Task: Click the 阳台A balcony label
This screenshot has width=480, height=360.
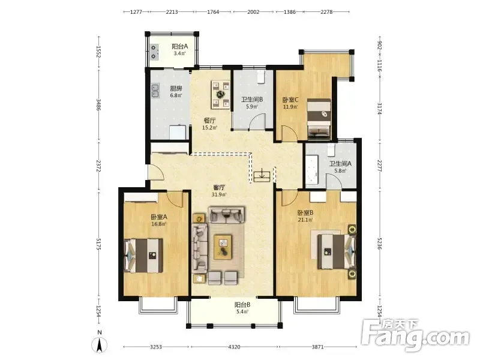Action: [179, 47]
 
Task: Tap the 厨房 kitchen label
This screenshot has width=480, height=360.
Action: [176, 88]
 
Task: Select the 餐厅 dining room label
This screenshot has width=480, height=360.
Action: [209, 121]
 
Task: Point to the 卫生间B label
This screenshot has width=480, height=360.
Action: [252, 100]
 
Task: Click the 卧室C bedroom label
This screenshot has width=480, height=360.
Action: [290, 100]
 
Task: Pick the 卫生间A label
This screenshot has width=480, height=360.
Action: [340, 164]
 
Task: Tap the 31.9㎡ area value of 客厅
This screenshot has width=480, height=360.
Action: [219, 194]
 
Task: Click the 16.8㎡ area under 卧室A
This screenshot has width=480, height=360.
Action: [159, 224]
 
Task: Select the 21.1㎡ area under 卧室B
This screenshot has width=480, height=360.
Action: [305, 220]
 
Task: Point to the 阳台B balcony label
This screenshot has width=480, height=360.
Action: [242, 305]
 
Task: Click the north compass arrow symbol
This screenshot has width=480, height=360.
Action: [100, 346]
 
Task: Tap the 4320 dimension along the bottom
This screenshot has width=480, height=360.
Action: [234, 347]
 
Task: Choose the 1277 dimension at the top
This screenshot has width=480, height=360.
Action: [136, 12]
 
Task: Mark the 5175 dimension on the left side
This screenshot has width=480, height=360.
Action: [98, 244]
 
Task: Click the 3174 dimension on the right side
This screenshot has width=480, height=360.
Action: [380, 109]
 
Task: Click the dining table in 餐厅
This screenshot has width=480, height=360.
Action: [220, 95]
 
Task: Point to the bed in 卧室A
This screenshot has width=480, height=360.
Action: [143, 256]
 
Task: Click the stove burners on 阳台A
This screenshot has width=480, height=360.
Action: [154, 52]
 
